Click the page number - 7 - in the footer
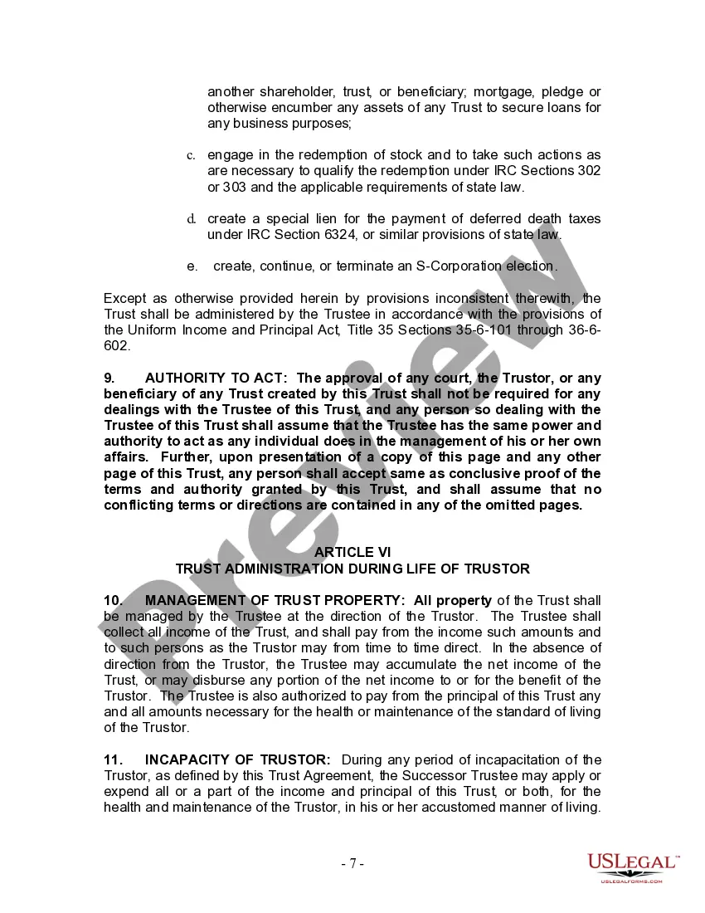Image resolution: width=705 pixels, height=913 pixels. pos(352,863)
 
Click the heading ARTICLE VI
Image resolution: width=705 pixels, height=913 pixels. pos(352,552)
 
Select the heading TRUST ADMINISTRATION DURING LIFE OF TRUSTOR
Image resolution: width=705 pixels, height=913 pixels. pos(352,569)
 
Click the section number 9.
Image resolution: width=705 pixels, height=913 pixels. pos(109,378)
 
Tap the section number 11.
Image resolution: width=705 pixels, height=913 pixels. pos(113,759)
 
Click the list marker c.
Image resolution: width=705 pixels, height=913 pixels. pos(191,155)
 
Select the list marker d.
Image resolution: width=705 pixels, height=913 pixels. pos(191,219)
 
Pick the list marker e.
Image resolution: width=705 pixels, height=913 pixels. pos(192,266)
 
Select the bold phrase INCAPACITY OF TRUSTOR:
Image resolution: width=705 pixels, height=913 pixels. pos(238,759)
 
